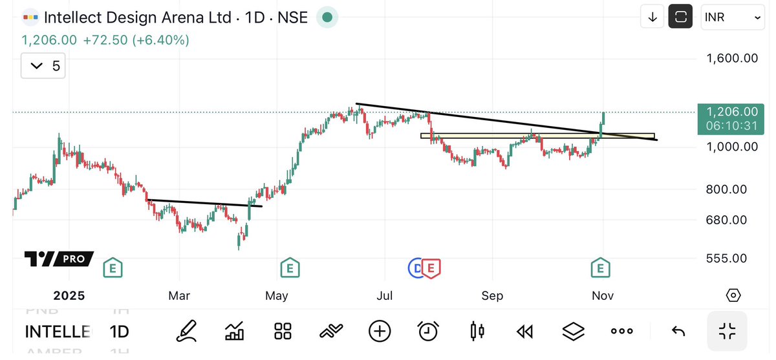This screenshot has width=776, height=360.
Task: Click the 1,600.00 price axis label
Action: tap(732, 58)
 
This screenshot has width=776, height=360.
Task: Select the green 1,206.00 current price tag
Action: tap(731, 118)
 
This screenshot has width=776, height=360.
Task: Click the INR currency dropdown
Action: tap(733, 17)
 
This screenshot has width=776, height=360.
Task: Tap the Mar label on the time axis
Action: tap(179, 295)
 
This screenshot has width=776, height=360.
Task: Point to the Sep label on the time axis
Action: tap(492, 295)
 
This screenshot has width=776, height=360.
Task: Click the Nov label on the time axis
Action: tap(602, 295)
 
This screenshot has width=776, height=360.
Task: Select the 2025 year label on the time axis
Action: tap(69, 295)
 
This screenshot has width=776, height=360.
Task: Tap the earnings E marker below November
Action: tap(601, 266)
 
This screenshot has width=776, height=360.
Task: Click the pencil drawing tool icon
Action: tap(186, 332)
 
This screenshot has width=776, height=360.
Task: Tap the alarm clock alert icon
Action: tap(427, 332)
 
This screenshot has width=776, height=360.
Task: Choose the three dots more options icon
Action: tap(621, 332)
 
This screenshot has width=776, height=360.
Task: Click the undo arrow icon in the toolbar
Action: tap(678, 332)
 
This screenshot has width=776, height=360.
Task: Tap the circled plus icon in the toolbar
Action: tap(380, 332)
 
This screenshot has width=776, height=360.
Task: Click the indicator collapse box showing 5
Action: tap(43, 65)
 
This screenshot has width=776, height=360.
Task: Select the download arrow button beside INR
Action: tap(652, 17)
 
